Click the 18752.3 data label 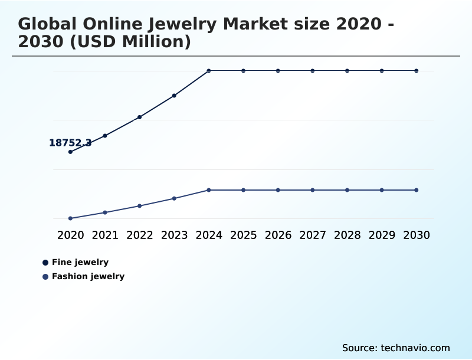[70, 143]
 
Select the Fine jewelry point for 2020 [70, 152]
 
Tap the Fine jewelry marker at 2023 [174, 96]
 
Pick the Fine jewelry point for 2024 [209, 71]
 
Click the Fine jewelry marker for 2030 [417, 71]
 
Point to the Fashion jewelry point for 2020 [70, 218]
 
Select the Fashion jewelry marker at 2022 [140, 206]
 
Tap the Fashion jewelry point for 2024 [209, 190]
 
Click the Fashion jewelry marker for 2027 [313, 190]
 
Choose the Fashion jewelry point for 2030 [417, 190]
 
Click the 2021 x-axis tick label [105, 235]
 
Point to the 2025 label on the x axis [243, 235]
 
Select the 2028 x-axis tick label [347, 235]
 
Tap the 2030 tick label [417, 235]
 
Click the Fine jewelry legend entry [80, 263]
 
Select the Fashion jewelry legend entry [88, 277]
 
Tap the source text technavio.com [415, 348]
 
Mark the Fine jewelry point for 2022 [140, 117]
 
